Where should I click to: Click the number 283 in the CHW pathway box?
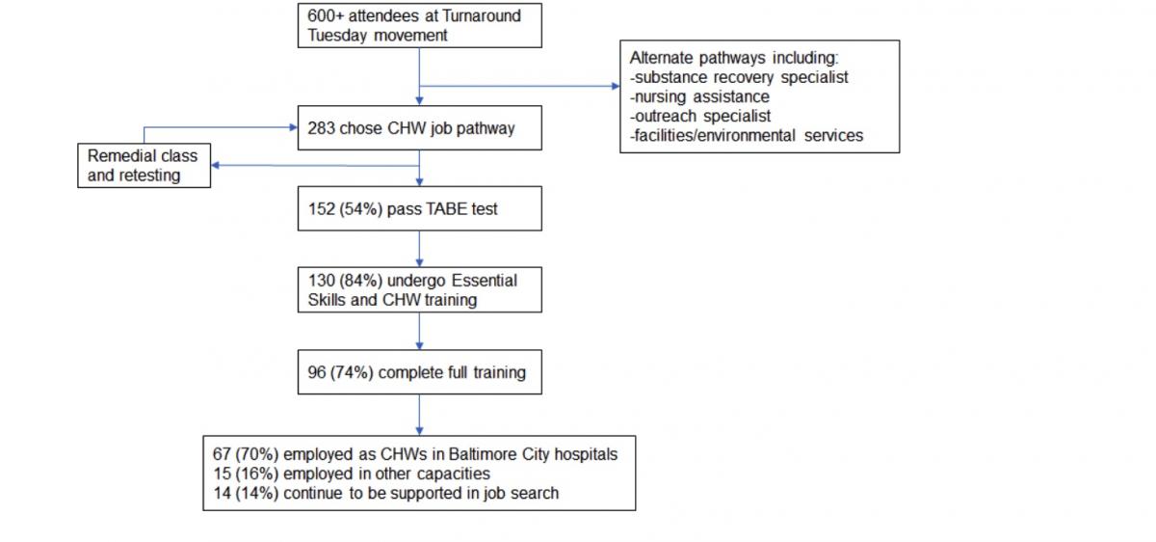[x=321, y=128]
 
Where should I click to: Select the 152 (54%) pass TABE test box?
[x=420, y=208]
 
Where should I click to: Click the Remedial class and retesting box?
[x=144, y=165]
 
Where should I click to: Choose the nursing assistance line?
[x=699, y=96]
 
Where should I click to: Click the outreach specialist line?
[x=700, y=117]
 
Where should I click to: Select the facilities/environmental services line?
[x=747, y=135]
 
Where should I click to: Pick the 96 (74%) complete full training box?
[x=420, y=372]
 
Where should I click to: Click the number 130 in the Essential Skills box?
[x=322, y=280]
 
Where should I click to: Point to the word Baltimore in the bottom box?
[x=483, y=453]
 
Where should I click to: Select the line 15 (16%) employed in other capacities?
[x=352, y=474]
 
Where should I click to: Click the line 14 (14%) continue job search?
[x=385, y=493]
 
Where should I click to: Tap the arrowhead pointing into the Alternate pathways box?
[x=616, y=86]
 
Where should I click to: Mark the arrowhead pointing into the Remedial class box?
[x=216, y=165]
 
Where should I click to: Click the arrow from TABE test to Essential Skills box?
[x=419, y=249]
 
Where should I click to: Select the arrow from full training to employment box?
[x=419, y=415]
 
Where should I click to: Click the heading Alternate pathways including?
[x=734, y=58]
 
